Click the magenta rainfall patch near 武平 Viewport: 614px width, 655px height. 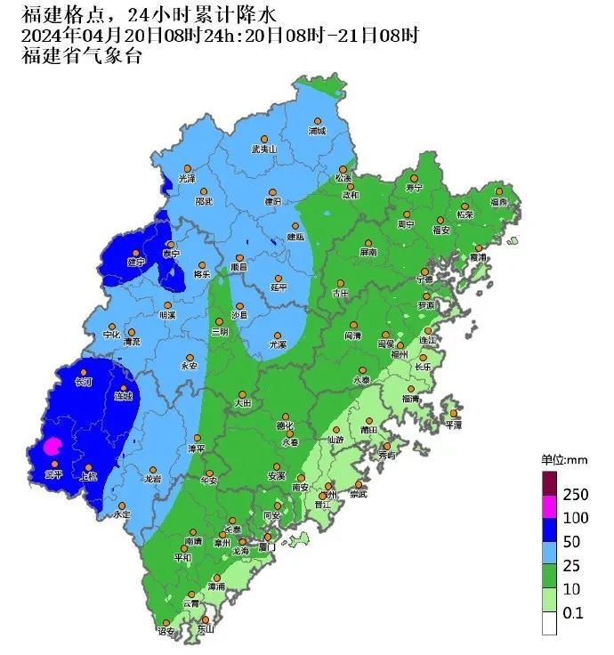53,447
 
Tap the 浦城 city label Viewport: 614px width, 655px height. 317,131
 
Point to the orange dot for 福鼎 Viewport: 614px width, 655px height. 499,191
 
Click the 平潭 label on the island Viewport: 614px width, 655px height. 454,425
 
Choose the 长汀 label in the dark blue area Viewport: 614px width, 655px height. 84,383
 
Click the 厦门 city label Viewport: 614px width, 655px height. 267,547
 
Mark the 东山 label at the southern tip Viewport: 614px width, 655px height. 206,630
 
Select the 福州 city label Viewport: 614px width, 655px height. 399,353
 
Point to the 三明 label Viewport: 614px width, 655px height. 219,331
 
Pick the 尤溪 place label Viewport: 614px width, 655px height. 279,344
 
